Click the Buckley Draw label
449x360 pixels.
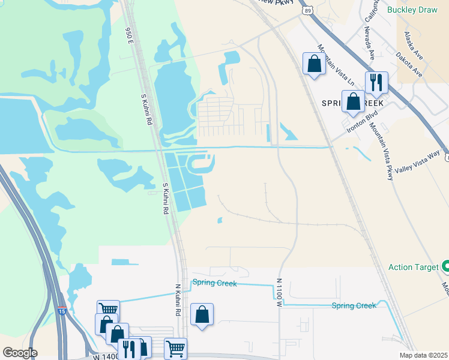(x=414, y=10)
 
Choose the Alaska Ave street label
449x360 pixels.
(x=414, y=43)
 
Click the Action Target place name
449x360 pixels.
(x=414, y=267)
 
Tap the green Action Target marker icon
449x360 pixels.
(x=446, y=266)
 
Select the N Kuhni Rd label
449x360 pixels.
(x=178, y=300)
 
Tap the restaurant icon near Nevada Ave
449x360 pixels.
(x=376, y=82)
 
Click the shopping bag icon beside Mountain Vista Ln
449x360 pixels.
(x=314, y=63)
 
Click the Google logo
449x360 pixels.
(x=20, y=353)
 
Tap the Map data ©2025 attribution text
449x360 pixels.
(x=424, y=355)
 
